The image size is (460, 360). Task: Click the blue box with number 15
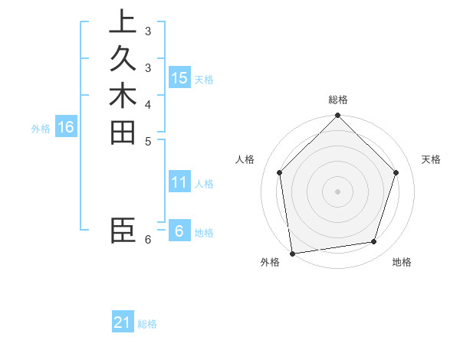[x=179, y=78]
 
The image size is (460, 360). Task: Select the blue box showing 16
[x=66, y=127]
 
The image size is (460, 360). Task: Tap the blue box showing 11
[x=179, y=182]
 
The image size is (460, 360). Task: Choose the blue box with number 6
[x=179, y=231]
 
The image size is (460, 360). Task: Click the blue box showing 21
[x=123, y=322]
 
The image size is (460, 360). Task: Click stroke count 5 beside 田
[x=148, y=141]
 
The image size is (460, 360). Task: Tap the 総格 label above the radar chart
[x=338, y=100]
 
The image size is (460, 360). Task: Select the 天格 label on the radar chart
[x=431, y=159]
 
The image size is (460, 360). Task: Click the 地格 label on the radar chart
[x=402, y=263]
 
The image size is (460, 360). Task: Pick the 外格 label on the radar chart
[x=270, y=263]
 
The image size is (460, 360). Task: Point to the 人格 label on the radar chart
[x=245, y=159]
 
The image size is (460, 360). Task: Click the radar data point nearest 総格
[x=338, y=116]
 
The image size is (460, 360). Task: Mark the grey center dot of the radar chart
[x=338, y=191]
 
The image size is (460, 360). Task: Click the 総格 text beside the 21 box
[x=147, y=324]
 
